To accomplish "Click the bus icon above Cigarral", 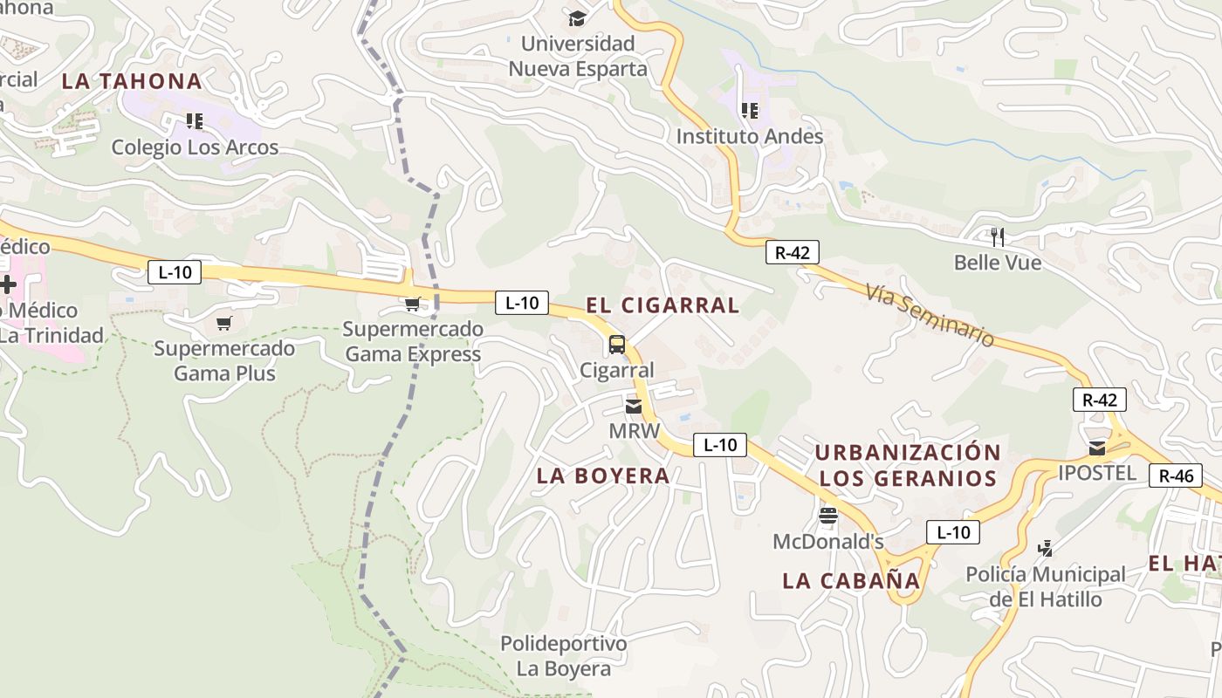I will click(617, 344).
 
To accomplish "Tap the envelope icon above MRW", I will click(634, 407).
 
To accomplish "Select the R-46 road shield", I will click(1175, 476).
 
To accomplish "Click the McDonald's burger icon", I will click(828, 516).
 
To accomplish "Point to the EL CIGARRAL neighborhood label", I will click(662, 305).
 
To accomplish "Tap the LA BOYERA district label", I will click(603, 476).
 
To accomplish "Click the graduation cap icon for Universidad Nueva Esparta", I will click(577, 18).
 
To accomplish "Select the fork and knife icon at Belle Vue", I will click(998, 236).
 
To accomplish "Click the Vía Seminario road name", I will click(930, 315).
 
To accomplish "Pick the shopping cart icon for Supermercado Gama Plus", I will click(224, 324).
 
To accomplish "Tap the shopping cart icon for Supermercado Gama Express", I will click(413, 304).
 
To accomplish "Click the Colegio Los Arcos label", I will click(195, 147).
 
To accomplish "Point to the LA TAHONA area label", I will click(132, 81).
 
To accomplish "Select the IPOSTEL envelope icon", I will click(1096, 448).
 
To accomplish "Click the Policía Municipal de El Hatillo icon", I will click(1045, 549).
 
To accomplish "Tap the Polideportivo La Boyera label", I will click(563, 656).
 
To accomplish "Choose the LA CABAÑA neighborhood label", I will click(851, 580).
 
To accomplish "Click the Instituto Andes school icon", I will click(749, 111).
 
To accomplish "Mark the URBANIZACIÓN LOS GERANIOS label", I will click(908, 465).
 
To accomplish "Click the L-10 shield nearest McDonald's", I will click(952, 531).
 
